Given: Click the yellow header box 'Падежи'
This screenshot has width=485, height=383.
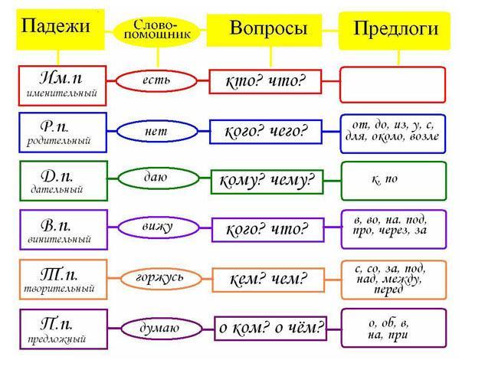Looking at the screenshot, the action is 61,30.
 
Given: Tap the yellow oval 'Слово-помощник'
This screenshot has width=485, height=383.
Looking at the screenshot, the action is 157,31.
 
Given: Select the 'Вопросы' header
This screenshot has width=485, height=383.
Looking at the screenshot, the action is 264,31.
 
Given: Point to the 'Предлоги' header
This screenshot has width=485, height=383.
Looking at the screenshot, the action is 395,31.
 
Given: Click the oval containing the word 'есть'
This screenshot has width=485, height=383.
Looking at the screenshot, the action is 156,81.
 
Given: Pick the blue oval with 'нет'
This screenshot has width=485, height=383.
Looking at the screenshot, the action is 157,131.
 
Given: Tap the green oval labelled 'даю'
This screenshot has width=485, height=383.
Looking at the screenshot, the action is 159,178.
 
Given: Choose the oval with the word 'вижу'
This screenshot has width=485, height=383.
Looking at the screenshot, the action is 159,228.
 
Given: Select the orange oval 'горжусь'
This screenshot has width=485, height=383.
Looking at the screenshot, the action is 161,279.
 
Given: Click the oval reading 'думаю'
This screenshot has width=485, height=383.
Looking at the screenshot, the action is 161,329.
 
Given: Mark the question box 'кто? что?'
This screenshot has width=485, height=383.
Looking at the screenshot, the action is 265,82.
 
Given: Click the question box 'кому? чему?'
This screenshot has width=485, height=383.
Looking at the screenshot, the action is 267,182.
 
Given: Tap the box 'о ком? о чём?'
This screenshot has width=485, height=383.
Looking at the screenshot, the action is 270,329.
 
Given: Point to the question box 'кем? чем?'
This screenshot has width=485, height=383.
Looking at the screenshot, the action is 268,280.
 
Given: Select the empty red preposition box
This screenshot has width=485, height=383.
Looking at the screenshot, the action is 392,84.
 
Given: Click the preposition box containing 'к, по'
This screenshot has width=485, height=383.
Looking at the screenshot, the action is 394,181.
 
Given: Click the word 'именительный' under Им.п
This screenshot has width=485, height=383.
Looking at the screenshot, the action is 62,93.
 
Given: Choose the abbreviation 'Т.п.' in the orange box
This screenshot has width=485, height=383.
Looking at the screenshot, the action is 59,274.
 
